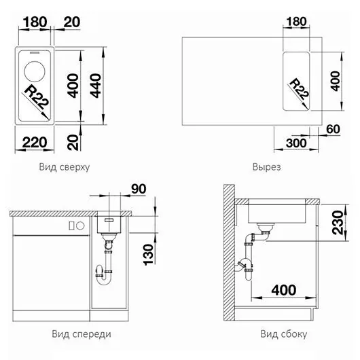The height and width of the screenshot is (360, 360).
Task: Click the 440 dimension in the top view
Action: (96, 86)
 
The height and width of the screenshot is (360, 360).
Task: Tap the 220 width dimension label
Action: (35, 143)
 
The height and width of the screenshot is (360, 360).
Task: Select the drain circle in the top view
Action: (35, 71)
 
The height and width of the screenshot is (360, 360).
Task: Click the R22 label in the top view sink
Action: (37, 97)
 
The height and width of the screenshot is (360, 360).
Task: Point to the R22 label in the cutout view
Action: (299, 89)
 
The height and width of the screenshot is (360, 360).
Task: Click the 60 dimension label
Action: (333, 129)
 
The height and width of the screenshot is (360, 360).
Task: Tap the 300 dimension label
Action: (296, 143)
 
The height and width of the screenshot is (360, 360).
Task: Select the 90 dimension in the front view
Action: (139, 189)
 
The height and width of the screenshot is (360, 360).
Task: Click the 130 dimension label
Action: (148, 255)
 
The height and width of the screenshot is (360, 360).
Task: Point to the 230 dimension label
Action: (338, 223)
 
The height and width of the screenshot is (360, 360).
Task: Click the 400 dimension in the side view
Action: (284, 290)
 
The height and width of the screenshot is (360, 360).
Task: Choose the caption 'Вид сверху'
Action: (65, 167)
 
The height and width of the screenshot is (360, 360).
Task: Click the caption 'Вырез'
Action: (266, 167)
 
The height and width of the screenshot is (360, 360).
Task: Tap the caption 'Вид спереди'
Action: (82, 334)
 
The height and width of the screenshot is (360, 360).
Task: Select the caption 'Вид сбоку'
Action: (284, 334)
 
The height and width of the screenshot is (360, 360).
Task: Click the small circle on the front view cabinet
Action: (80, 226)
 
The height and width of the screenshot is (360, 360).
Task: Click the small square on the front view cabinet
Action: (71, 226)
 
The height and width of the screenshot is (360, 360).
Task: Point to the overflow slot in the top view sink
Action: (34, 53)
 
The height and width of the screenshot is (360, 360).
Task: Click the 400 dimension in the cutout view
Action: (336, 81)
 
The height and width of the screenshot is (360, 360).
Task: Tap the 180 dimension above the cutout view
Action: (296, 21)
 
